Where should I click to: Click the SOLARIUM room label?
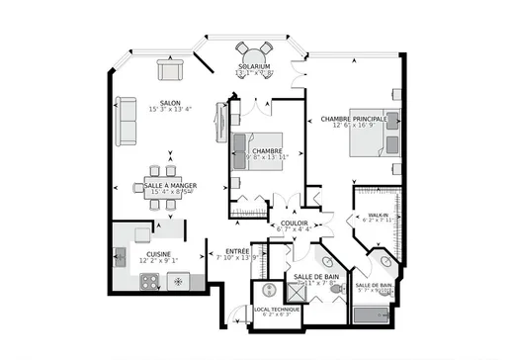tap(254, 66)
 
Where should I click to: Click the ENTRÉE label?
tap(238, 250)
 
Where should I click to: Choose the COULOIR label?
tap(292, 224)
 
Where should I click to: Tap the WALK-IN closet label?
tap(377, 216)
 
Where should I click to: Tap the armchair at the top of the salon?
tap(169, 69)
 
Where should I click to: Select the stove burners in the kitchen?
tap(150, 281)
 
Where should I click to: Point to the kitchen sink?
tap(121, 259)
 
